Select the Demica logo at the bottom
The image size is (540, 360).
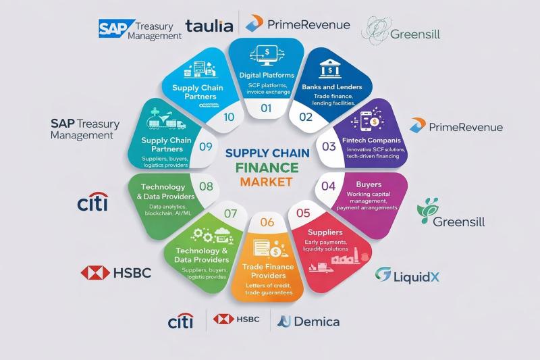click(x=307, y=321)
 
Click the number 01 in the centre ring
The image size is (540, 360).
click(x=266, y=107)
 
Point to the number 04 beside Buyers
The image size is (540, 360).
click(x=329, y=186)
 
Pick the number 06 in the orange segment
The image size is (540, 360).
click(x=267, y=222)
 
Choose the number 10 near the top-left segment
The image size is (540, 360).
click(x=228, y=117)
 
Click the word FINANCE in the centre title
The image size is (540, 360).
click(x=268, y=167)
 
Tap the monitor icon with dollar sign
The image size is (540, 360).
click(x=266, y=52)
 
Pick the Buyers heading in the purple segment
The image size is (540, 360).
click(x=369, y=184)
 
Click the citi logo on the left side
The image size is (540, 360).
click(x=92, y=201)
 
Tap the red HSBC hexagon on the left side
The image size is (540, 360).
click(x=95, y=272)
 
